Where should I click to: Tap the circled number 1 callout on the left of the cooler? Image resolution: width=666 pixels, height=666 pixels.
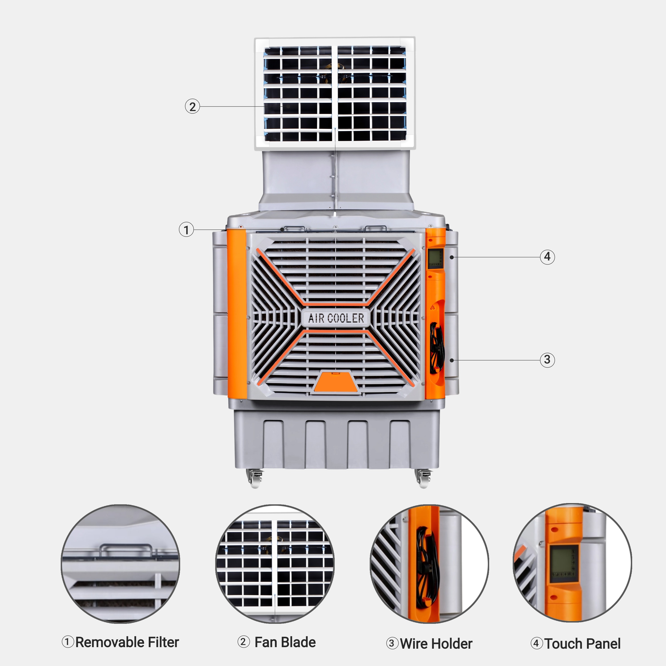pyautogui.click(x=186, y=229)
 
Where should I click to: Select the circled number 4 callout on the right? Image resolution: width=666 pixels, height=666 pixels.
pyautogui.click(x=547, y=257)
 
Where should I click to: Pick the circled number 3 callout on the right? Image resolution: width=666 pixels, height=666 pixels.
pyautogui.click(x=547, y=360)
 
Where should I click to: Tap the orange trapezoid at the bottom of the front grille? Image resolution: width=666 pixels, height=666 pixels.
pyautogui.click(x=336, y=382)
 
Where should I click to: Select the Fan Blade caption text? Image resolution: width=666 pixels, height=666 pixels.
pyautogui.click(x=285, y=642)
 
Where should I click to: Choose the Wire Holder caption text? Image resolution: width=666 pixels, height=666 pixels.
pyautogui.click(x=436, y=644)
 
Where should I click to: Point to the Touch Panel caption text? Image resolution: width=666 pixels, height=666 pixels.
pyautogui.click(x=583, y=644)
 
